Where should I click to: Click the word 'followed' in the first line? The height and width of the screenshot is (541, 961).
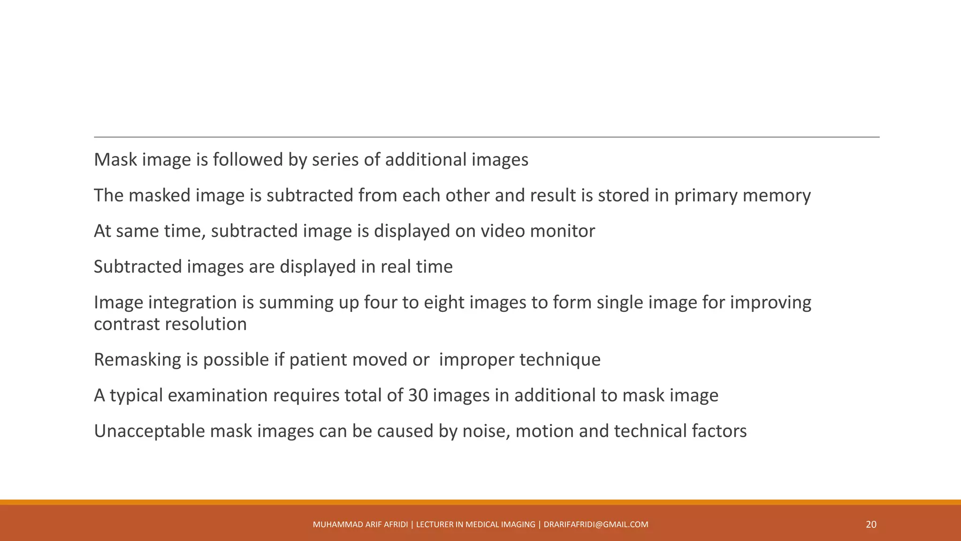tap(247, 160)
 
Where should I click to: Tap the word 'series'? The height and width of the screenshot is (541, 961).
tap(335, 160)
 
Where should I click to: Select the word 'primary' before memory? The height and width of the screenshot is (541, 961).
tap(706, 195)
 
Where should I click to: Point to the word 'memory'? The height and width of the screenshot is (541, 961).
tap(777, 195)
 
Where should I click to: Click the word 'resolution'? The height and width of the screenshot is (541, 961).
tap(205, 324)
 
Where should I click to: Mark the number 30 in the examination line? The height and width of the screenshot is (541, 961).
tap(418, 395)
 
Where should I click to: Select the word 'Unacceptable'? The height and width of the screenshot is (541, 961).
tap(149, 431)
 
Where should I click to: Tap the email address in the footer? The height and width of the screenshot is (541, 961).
tap(596, 525)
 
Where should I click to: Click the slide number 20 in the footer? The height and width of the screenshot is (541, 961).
tap(871, 525)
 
